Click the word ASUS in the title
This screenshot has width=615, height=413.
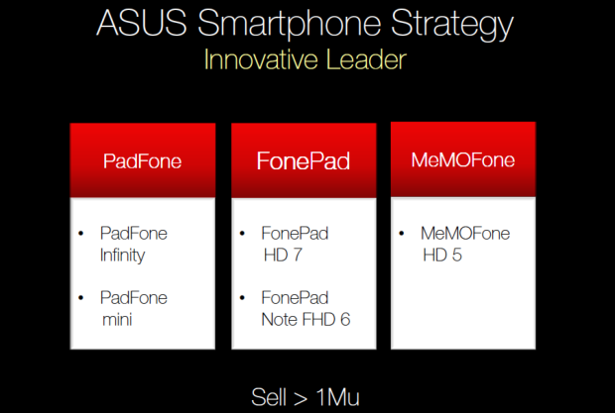[141, 23]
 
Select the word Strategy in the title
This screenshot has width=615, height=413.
[452, 25]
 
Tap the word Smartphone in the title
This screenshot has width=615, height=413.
[289, 25]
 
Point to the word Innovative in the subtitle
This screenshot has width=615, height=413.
[261, 59]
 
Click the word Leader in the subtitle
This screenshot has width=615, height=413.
[366, 59]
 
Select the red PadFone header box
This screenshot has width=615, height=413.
[143, 160]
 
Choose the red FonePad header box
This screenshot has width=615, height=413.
[304, 160]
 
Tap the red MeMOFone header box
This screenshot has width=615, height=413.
[463, 158]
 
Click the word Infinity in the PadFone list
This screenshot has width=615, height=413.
[122, 256]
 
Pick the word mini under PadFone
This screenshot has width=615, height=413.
[117, 320]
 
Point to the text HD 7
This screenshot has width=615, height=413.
[283, 256]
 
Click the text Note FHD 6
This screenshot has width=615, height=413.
[306, 320]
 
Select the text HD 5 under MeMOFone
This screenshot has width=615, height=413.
[442, 256]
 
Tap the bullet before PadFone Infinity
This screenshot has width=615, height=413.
[81, 234]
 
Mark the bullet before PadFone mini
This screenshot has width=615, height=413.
[81, 298]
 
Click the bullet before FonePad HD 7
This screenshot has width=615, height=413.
[242, 234]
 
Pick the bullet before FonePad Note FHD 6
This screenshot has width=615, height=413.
[242, 298]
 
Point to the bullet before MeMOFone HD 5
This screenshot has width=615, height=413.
[402, 234]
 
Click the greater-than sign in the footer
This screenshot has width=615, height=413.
[300, 399]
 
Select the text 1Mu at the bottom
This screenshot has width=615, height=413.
[337, 397]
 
